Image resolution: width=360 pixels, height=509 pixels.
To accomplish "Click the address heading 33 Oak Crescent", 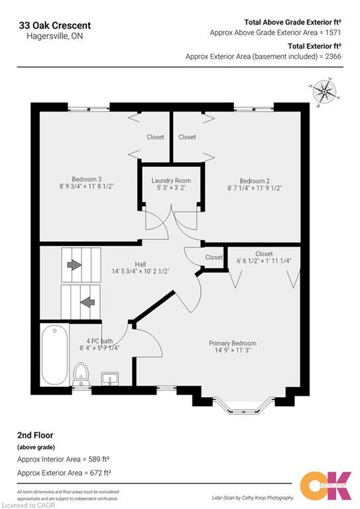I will click(x=55, y=25).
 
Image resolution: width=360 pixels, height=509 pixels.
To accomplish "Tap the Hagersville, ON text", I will click(x=45, y=37).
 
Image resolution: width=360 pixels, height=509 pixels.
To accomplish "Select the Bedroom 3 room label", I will click(x=86, y=178).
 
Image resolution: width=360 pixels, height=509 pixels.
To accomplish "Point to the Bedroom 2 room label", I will click(x=254, y=181).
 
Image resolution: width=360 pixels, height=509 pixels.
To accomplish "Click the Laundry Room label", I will click(x=171, y=180).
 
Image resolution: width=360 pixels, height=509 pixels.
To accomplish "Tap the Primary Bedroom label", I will click(x=233, y=343).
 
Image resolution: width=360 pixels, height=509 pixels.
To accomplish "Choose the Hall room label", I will click(x=140, y=262).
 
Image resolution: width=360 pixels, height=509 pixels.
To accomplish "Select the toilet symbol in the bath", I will click(x=81, y=373).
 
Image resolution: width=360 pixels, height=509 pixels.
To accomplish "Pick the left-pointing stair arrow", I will click(x=87, y=302).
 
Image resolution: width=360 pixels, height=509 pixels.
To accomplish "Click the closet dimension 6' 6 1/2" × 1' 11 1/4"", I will click(x=264, y=260).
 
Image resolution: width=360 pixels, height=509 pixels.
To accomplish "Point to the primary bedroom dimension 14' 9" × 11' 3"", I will click(x=233, y=351).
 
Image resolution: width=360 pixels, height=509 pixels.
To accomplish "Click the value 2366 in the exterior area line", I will click(x=330, y=57).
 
